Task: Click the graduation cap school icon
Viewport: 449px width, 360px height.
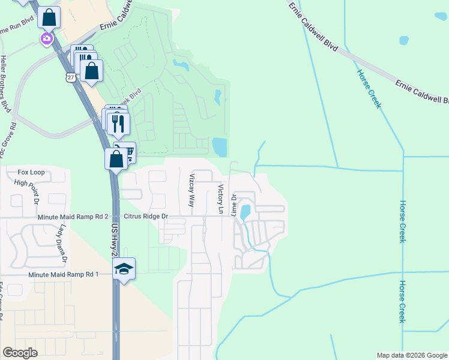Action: pos(124,269)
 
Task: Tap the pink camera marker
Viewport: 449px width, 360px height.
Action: pos(46,39)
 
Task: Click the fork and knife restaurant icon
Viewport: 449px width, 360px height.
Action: pos(118,123)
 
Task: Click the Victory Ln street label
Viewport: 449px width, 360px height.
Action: pos(220,200)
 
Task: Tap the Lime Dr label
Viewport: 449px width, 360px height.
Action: pos(234,205)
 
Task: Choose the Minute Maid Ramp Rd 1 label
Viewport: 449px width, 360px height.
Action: pos(63,274)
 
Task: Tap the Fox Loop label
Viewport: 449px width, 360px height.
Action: pos(31,172)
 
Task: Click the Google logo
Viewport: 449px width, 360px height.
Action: pos(20,353)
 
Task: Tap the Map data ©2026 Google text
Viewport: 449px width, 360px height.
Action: pos(412,355)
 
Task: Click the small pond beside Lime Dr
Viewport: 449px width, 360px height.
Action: pos(245,212)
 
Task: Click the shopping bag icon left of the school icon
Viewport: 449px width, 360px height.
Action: pos(116,159)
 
